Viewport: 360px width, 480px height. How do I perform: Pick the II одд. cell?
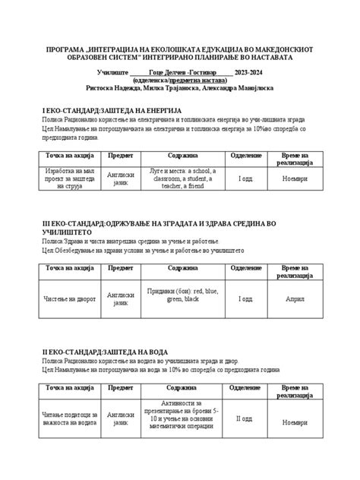(x=244, y=419)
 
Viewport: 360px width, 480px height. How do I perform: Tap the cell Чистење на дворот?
(x=70, y=298)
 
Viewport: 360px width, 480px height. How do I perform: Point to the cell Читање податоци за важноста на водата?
(x=70, y=419)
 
